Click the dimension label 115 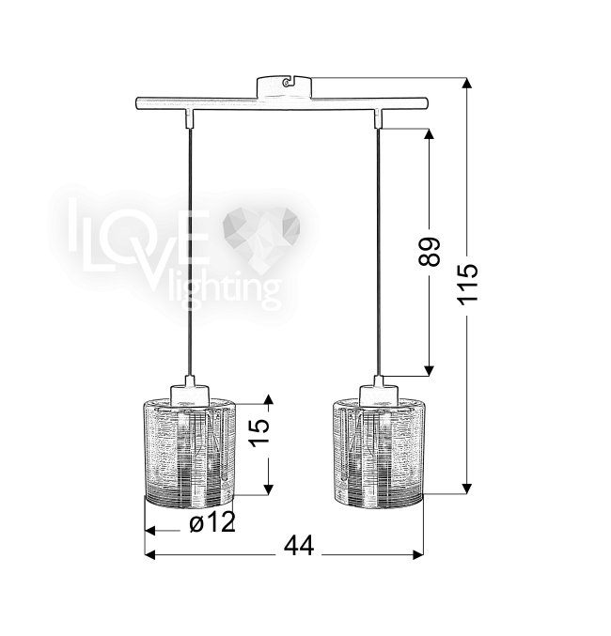click(x=467, y=284)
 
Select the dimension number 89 click(x=429, y=252)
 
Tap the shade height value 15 click(x=259, y=432)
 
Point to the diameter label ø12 click(x=211, y=522)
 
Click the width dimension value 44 click(x=299, y=546)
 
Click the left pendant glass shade click(x=191, y=452)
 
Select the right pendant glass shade click(x=379, y=452)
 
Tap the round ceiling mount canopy click(x=285, y=86)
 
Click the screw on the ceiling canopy click(x=287, y=83)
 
